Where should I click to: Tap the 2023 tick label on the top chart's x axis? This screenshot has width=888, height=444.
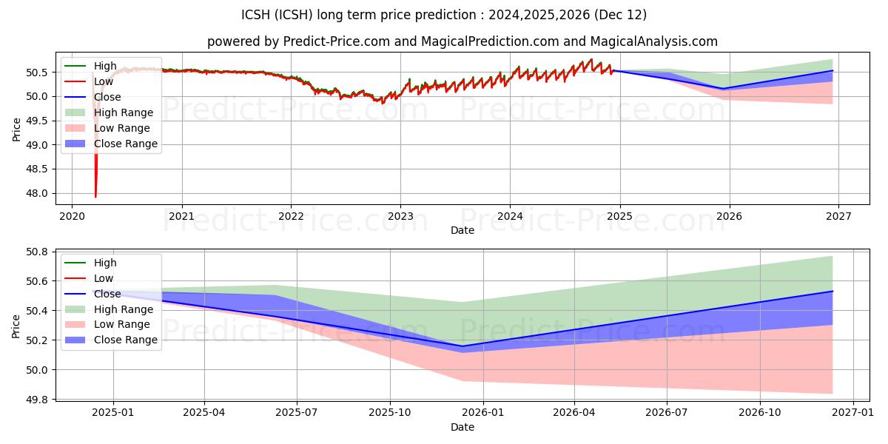tap(400, 216)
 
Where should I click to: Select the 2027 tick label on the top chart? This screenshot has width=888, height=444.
tap(838, 216)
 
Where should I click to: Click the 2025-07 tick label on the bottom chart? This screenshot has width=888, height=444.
tap(297, 414)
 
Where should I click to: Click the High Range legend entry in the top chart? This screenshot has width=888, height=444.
tap(123, 112)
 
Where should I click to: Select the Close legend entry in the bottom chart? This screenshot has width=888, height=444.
tap(107, 294)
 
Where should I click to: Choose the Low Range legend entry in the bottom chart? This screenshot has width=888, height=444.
tap(121, 324)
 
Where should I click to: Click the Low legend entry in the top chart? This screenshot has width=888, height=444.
tap(104, 81)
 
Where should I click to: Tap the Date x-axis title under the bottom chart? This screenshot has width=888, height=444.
tap(462, 428)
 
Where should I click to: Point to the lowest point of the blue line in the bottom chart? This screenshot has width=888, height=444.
tap(463, 346)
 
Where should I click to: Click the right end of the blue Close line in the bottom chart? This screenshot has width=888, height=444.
tap(832, 292)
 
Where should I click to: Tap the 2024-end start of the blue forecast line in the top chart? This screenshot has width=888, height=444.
tap(613, 70)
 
